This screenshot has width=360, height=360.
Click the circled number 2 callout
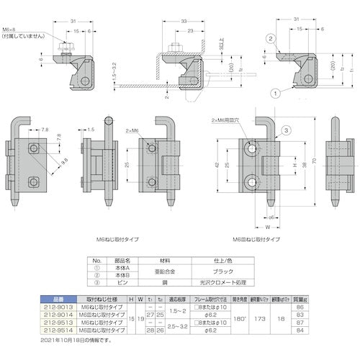click(x=269, y=37)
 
